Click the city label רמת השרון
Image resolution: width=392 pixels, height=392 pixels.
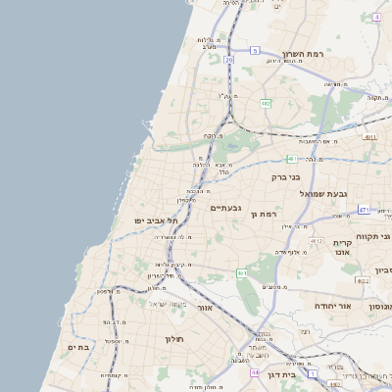[x=302, y=54]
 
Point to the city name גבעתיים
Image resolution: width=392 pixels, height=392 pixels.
[x=225, y=208]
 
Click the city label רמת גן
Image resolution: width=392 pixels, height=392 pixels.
[x=266, y=213]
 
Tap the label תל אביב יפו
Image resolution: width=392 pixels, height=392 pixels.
[x=156, y=221]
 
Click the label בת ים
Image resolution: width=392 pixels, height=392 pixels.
[x=78, y=346]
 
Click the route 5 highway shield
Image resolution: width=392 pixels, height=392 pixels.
[x=255, y=50]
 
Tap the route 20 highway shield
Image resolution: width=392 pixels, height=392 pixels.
[x=228, y=60]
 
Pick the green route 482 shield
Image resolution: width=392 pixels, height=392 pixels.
[x=266, y=103]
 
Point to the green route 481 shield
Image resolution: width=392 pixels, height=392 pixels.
[x=291, y=159]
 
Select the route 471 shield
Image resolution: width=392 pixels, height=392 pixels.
[x=364, y=209]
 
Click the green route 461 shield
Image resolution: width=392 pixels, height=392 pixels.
[x=241, y=273]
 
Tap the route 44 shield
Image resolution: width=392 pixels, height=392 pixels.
[x=254, y=372]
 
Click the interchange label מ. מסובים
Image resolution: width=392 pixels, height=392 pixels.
[x=273, y=286]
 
